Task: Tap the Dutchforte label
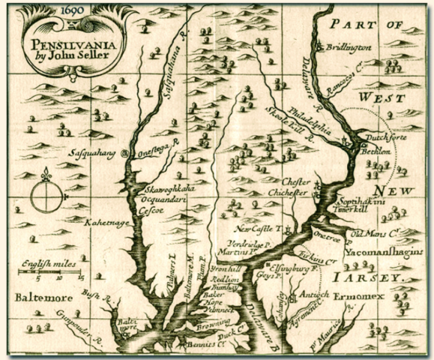coord(380,138)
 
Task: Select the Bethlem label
coord(376,149)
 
